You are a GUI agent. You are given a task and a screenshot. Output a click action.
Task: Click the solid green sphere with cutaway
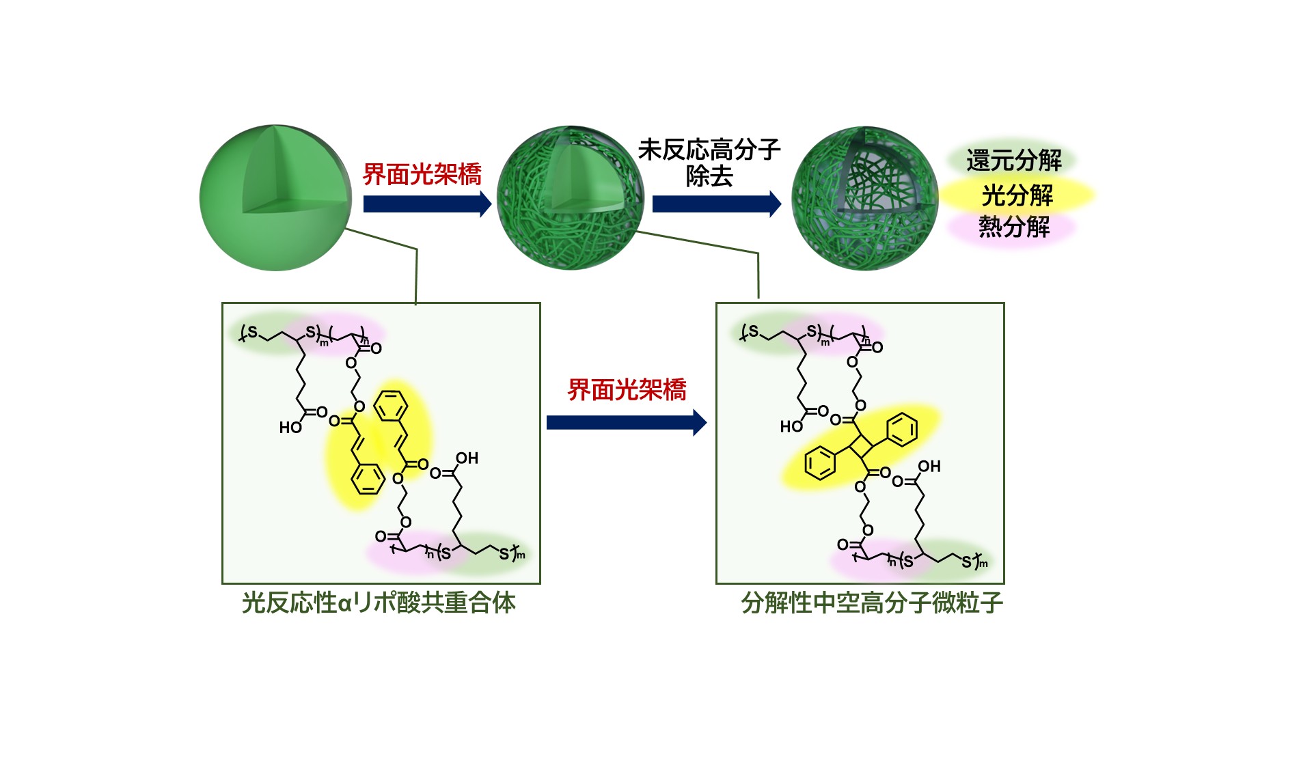tap(275, 197)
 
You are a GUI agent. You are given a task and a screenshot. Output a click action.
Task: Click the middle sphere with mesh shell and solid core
tap(571, 197)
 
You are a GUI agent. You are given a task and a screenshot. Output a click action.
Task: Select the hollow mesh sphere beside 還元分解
tap(864, 198)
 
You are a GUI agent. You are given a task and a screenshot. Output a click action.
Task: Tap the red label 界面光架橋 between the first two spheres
tap(422, 174)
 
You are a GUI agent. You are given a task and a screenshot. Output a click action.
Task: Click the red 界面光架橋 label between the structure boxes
tap(627, 390)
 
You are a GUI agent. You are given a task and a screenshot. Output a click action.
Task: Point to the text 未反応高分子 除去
tap(709, 163)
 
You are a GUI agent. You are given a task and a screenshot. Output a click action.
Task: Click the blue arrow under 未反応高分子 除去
tap(717, 204)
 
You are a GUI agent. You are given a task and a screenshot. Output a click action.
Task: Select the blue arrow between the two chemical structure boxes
tap(627, 422)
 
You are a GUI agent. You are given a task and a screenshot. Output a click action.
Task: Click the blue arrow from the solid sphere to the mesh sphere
tap(427, 204)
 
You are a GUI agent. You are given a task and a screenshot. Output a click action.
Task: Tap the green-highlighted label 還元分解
tap(1013, 161)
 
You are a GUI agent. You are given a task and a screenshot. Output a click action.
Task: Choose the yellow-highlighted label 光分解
tap(1017, 195)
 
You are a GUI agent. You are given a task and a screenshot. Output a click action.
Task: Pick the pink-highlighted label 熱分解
tap(1014, 226)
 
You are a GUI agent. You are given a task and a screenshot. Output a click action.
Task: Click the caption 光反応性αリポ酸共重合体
tap(379, 603)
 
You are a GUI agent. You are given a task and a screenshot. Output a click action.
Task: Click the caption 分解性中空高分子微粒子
tap(872, 603)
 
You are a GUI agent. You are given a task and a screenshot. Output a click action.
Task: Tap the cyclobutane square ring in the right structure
tap(861, 447)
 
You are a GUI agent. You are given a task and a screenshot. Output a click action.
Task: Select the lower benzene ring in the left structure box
tap(368, 479)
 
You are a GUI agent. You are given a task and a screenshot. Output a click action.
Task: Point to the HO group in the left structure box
tap(290, 428)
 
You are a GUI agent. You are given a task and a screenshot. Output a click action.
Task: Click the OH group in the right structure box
tap(929, 467)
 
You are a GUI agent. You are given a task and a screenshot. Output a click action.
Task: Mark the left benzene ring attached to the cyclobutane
tap(820, 463)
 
